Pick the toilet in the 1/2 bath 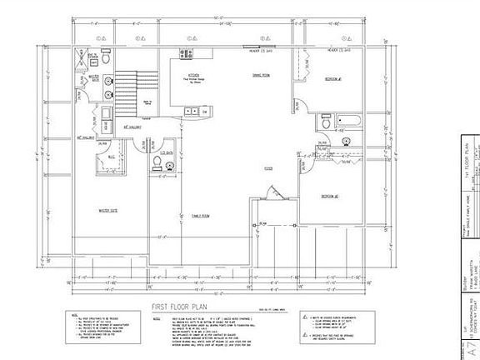170,167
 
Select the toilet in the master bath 107,61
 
